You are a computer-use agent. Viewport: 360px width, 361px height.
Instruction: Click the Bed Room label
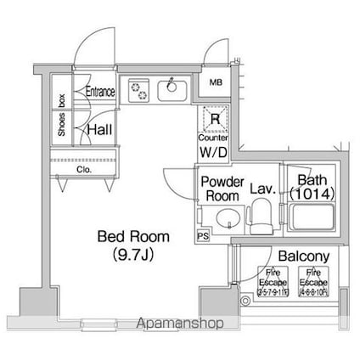pyautogui.click(x=132, y=236)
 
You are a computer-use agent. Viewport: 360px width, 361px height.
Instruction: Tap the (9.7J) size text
pyautogui.click(x=132, y=252)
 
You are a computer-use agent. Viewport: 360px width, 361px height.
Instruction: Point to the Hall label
pyautogui.click(x=104, y=128)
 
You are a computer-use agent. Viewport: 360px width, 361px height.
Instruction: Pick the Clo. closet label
pyautogui.click(x=83, y=169)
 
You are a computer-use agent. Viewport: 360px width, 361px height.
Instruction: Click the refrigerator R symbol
pyautogui.click(x=215, y=120)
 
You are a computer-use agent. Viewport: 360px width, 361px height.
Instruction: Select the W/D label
pyautogui.click(x=213, y=152)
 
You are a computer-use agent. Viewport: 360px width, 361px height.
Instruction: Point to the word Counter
pyautogui.click(x=213, y=137)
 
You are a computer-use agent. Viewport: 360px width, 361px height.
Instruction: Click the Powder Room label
pyautogui.click(x=222, y=188)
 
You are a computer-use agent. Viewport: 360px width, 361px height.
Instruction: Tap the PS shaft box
pyautogui.click(x=203, y=235)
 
